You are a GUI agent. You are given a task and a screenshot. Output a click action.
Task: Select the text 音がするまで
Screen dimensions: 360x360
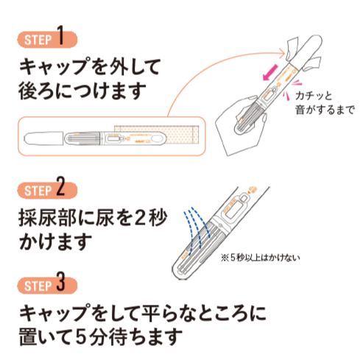324,111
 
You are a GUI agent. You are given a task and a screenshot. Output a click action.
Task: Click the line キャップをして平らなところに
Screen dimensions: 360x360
140,312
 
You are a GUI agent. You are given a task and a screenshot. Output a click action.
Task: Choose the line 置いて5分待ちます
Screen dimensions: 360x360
99,338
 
